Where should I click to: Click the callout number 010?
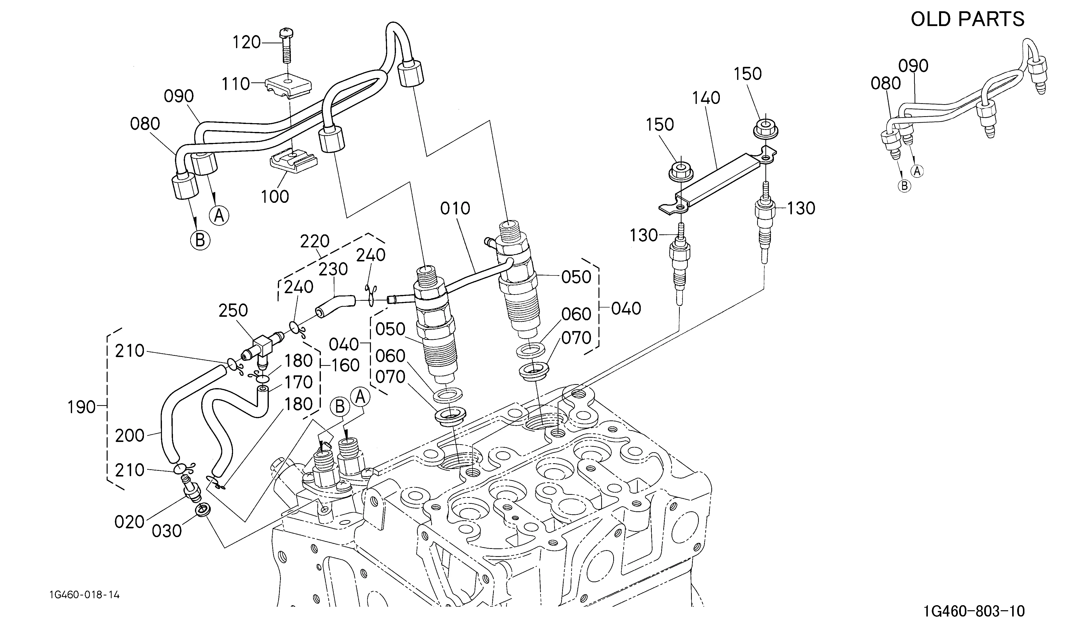point(455,208)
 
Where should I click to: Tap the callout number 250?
point(233,310)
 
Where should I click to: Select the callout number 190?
point(81,407)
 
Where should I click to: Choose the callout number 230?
point(333,269)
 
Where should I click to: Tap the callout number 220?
point(315,241)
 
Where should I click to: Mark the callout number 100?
point(275,197)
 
